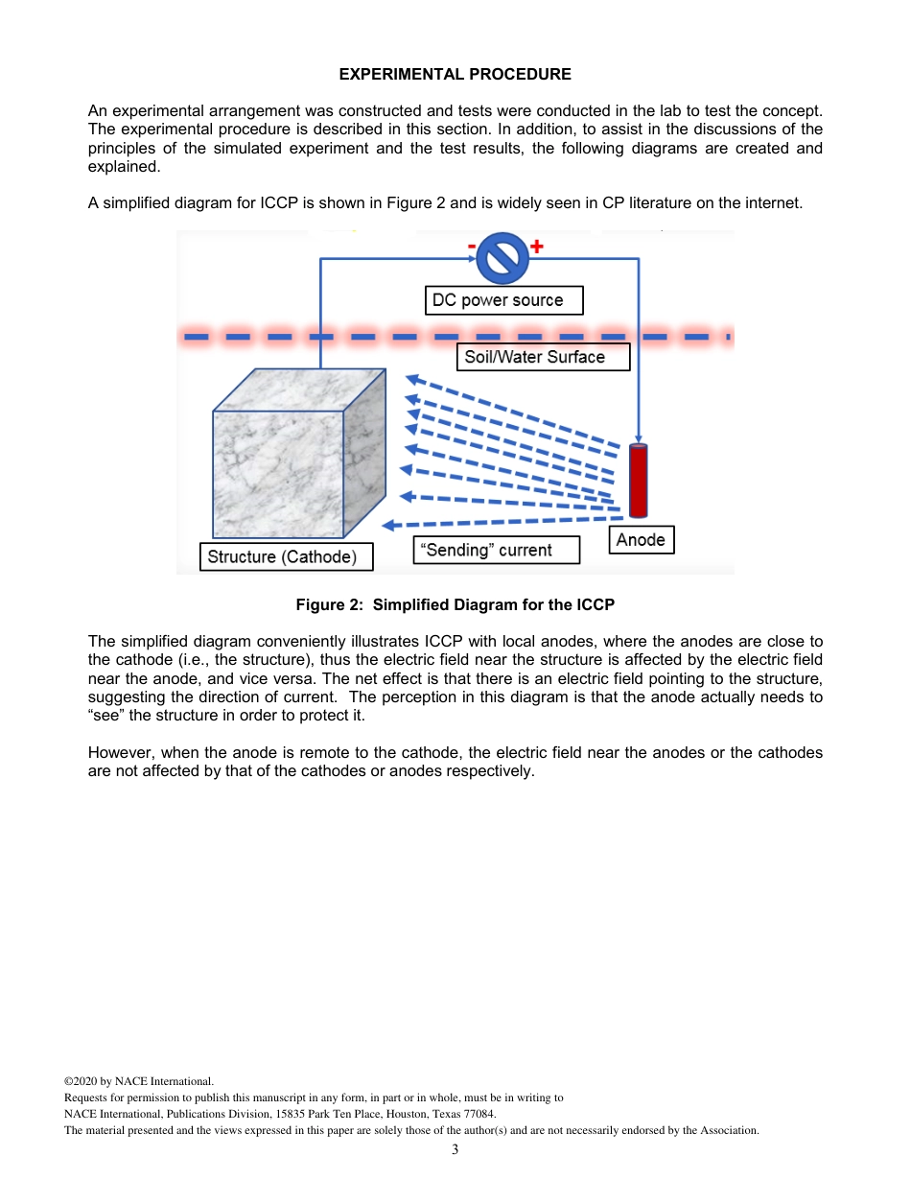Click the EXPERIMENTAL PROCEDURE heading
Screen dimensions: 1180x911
(455, 74)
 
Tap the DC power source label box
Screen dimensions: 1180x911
(502, 300)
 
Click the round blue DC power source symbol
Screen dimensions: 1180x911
(502, 258)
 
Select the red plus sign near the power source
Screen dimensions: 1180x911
(537, 247)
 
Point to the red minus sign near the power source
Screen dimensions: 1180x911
(471, 247)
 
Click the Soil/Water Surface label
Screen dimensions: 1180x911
(542, 357)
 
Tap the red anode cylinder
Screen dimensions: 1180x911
(638, 481)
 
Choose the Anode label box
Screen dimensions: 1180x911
(641, 540)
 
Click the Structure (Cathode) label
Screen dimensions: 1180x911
(286, 556)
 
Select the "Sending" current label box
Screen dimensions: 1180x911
(496, 550)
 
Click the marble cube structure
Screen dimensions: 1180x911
(288, 460)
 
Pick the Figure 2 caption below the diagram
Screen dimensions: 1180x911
(455, 604)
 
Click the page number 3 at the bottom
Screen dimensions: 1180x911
(455, 1149)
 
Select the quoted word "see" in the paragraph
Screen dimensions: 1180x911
(106, 716)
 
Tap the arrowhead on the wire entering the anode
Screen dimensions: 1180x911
(638, 437)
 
